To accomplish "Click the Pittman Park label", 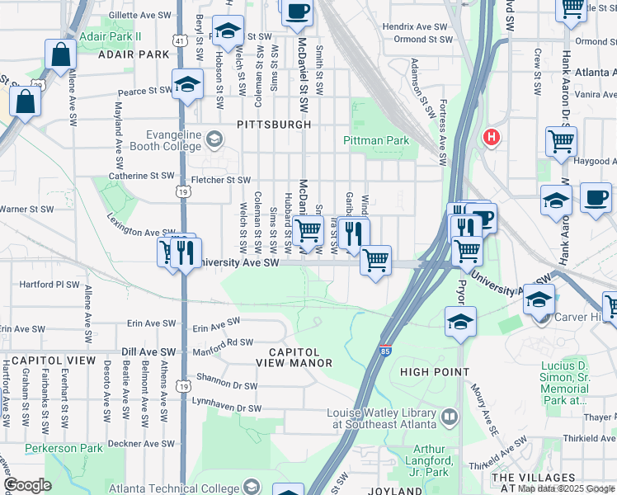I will tap(376, 140).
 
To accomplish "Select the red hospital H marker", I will tap(492, 137).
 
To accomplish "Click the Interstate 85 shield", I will tap(385, 351).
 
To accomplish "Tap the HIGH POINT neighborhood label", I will tap(434, 372).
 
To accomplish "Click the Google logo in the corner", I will tap(27, 484).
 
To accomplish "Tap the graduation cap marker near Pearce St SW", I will tap(188, 85).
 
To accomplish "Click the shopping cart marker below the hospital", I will tap(561, 142).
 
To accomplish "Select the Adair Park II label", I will tap(111, 37).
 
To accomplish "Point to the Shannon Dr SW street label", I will tap(228, 384).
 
